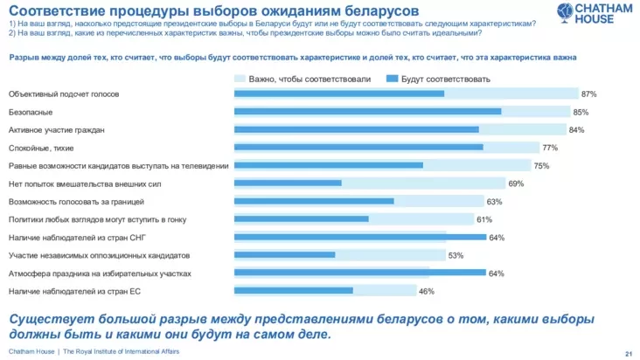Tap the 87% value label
[x=588, y=93]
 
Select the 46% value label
[x=427, y=291]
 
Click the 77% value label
[x=550, y=148]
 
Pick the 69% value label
[x=516, y=183]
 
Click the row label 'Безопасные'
[x=31, y=112]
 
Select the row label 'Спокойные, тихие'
[x=42, y=148]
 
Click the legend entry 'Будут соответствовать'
[x=445, y=79]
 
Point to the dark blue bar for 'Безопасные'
[x=367, y=112]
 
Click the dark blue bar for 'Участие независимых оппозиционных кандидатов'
[x=285, y=255]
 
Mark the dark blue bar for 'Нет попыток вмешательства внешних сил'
[x=288, y=183]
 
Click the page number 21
[x=628, y=352]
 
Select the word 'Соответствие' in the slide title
[x=53, y=10]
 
